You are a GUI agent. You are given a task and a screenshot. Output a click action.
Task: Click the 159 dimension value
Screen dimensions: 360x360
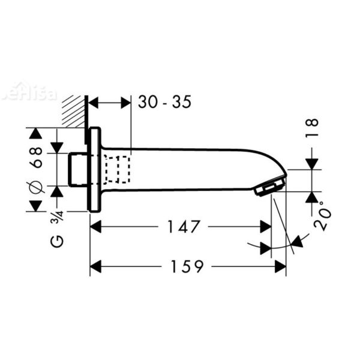pos(187,265)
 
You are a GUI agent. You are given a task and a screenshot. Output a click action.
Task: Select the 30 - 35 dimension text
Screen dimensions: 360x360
pos(164,102)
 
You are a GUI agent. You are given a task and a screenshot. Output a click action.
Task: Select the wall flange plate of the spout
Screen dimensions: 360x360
pos(94,169)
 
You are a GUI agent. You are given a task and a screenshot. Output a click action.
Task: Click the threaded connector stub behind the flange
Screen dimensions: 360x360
pos(78,169)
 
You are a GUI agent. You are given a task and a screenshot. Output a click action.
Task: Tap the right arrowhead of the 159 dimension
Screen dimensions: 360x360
pos(280,265)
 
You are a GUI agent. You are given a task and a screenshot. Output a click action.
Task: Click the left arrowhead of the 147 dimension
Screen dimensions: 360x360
pos(96,227)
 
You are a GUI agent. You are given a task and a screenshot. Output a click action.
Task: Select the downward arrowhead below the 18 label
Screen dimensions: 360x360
pos(312,163)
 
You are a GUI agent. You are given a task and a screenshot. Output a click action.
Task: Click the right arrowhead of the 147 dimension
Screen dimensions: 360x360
pos(265,227)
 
